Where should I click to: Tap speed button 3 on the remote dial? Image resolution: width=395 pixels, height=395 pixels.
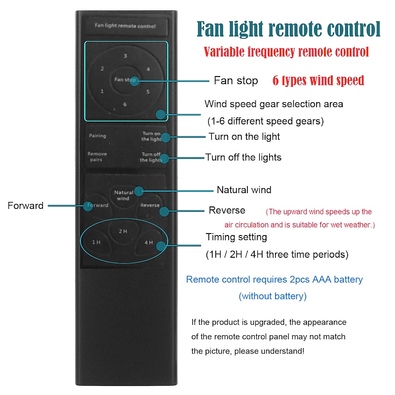(x=125, y=56)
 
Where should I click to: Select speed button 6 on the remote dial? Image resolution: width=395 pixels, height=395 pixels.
(x=125, y=104)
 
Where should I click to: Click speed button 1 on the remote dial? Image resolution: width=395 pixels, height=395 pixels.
(x=102, y=91)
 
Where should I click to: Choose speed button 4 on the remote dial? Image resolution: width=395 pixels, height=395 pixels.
(x=148, y=69)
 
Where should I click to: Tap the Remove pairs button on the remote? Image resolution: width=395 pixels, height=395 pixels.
(x=97, y=157)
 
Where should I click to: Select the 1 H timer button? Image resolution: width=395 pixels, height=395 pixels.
(x=96, y=242)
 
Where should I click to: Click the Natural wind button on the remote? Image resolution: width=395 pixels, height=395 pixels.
(x=123, y=195)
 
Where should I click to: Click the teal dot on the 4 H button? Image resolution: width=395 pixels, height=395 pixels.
(x=161, y=246)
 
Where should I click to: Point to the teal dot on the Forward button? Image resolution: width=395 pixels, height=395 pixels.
(x=88, y=206)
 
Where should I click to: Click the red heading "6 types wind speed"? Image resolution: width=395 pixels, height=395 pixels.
(x=318, y=80)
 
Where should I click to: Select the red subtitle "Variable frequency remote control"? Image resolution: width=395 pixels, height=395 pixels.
(x=286, y=52)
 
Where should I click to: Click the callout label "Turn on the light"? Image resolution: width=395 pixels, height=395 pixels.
(x=244, y=137)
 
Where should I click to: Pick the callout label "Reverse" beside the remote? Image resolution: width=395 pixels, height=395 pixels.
(x=227, y=210)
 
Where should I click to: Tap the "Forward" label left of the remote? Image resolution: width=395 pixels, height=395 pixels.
(x=26, y=205)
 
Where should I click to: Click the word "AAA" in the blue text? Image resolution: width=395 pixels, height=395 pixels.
(x=322, y=279)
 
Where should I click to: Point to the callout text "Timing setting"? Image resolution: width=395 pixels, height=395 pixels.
(x=237, y=237)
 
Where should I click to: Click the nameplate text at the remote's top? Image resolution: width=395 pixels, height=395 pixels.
(x=125, y=26)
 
